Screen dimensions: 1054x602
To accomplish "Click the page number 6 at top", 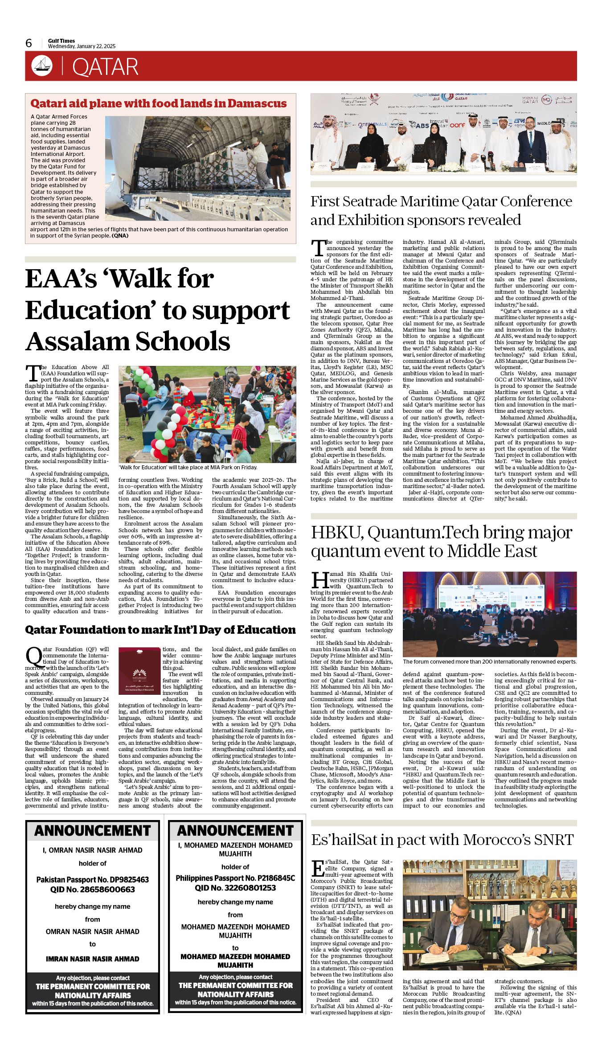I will pos(29,43).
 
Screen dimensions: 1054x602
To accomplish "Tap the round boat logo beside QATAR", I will pos(42,66).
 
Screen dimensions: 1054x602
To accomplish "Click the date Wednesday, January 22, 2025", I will pos(82,46).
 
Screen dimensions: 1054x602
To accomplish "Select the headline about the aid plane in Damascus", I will pos(158,103).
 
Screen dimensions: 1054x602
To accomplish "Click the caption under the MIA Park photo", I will pos(188,468).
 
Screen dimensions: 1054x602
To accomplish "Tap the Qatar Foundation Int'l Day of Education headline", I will pos(160,630).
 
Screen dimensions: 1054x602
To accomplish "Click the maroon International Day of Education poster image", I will pos(139,671).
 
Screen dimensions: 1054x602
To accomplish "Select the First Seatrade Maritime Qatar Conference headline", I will pos(441,210).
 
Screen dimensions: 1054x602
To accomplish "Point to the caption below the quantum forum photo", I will pos(489,662).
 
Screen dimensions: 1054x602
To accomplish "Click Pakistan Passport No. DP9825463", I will pos(93,880).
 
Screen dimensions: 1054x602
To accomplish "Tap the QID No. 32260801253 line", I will pos(235,888).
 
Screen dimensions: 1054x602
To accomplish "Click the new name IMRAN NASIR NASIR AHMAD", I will pos(93,959).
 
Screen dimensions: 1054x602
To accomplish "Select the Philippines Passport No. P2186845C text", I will pos(235,878).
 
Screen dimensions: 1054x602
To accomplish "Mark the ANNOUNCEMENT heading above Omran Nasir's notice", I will pos(93,831).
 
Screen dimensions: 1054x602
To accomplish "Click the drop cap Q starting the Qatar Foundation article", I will pos(33,656).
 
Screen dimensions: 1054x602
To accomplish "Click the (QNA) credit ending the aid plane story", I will pos(120,236).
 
